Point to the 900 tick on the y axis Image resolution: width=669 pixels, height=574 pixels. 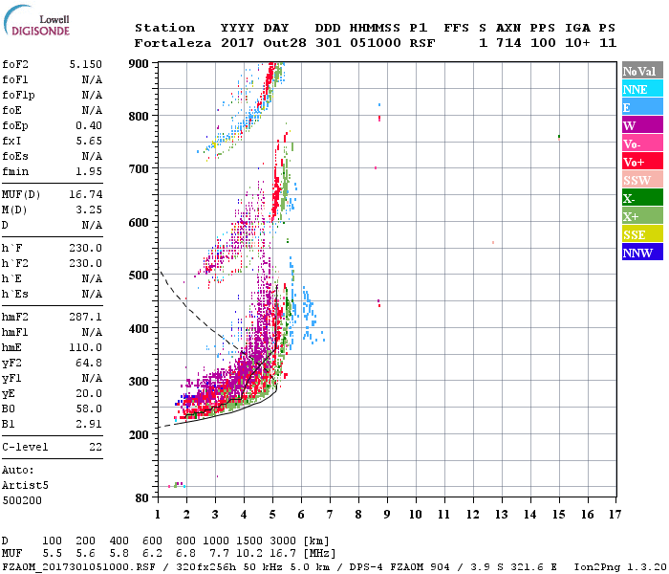[140, 63]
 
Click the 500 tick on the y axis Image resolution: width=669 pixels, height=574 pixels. [140, 276]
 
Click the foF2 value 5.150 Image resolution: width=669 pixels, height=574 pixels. [85, 63]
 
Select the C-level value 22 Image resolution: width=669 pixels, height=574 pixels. [94, 447]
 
